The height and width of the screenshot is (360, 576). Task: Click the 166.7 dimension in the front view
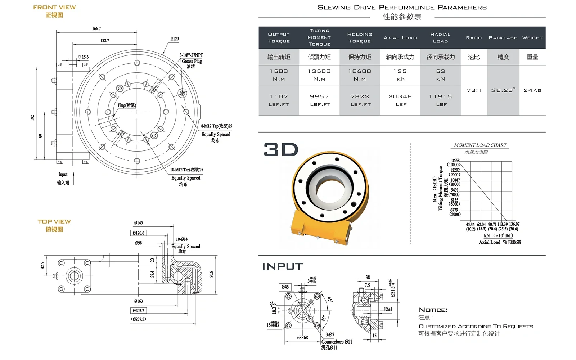click(x=96, y=28)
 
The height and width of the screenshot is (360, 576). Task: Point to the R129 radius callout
click(x=175, y=39)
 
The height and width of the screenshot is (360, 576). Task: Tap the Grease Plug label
click(x=192, y=61)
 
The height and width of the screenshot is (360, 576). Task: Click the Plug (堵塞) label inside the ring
click(x=127, y=105)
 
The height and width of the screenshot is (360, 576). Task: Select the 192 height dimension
click(x=32, y=118)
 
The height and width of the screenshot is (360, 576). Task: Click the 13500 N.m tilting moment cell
click(x=319, y=75)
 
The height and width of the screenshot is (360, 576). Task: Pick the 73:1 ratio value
click(x=474, y=90)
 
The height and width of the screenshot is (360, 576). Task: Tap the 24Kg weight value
click(x=532, y=90)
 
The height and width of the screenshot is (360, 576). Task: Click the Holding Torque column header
click(x=360, y=37)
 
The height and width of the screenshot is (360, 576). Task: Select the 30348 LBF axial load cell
click(x=400, y=100)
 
